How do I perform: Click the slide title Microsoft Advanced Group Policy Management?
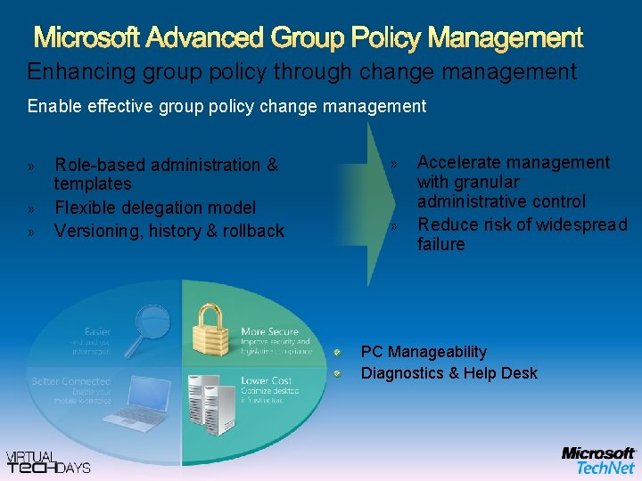pyautogui.click(x=309, y=38)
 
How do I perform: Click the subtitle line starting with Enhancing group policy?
pyautogui.click(x=301, y=71)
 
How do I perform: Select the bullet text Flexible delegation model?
pyautogui.click(x=155, y=208)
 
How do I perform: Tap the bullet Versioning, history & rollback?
pyautogui.click(x=169, y=232)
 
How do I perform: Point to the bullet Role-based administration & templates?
pyautogui.click(x=166, y=175)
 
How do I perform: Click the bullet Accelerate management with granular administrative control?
pyautogui.click(x=514, y=182)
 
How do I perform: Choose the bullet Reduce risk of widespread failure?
pyautogui.click(x=522, y=234)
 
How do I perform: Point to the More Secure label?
pyautogui.click(x=270, y=332)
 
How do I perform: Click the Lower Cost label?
pyautogui.click(x=266, y=381)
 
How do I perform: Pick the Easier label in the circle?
pyautogui.click(x=97, y=332)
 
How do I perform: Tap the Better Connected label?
pyautogui.click(x=70, y=381)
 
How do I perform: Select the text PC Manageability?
pyautogui.click(x=424, y=352)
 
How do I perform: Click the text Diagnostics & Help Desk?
pyautogui.click(x=449, y=373)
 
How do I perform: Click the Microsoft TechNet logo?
pyautogui.click(x=598, y=460)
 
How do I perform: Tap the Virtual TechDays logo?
pyautogui.click(x=49, y=461)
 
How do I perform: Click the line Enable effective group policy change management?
pyautogui.click(x=226, y=107)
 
